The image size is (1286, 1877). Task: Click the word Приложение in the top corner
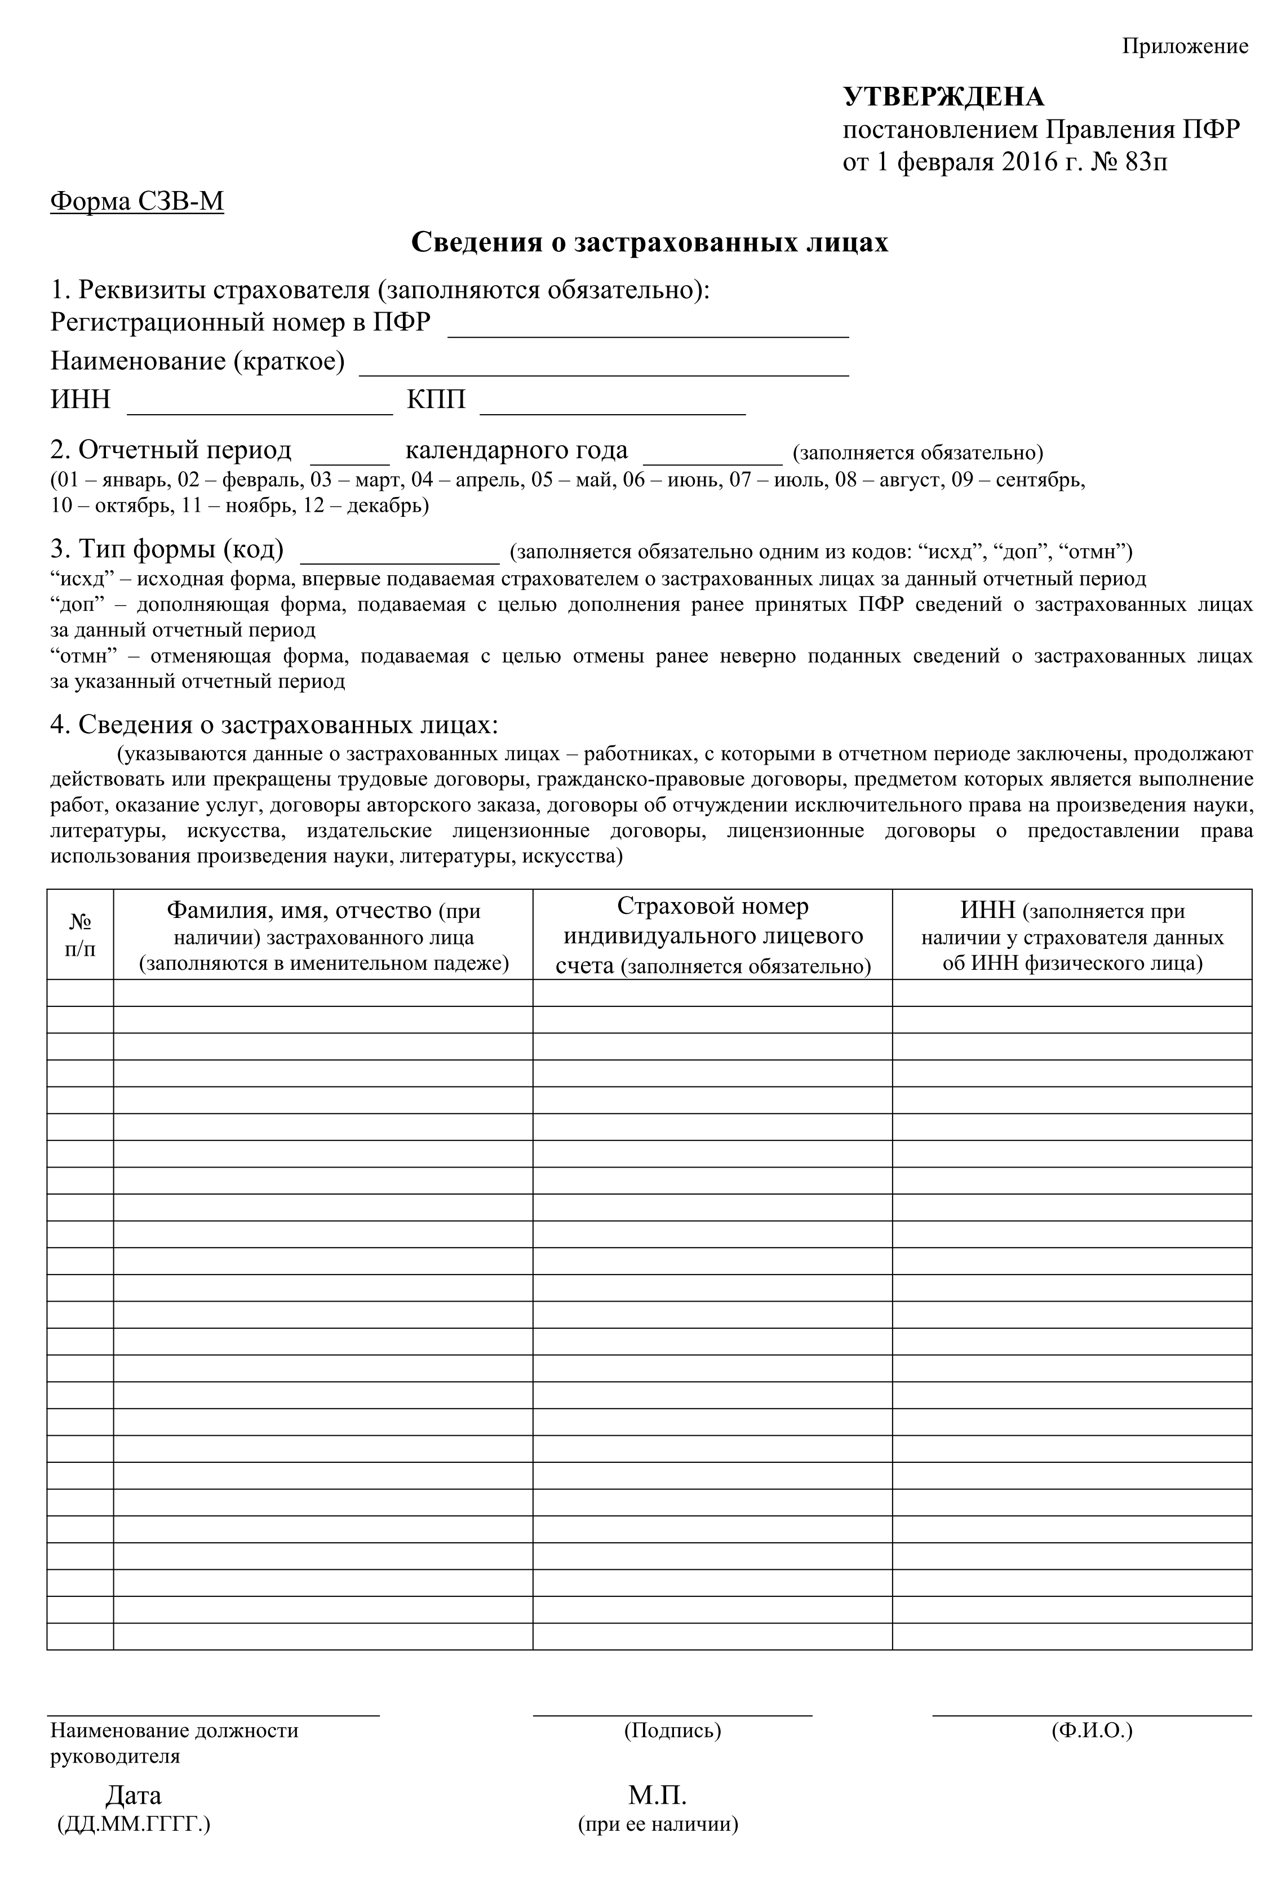pyautogui.click(x=1184, y=47)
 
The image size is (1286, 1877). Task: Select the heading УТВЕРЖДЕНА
pyautogui.click(x=943, y=97)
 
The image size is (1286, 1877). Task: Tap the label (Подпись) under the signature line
pyautogui.click(x=672, y=1731)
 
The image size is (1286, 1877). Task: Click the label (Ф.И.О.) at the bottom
pyautogui.click(x=1092, y=1731)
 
